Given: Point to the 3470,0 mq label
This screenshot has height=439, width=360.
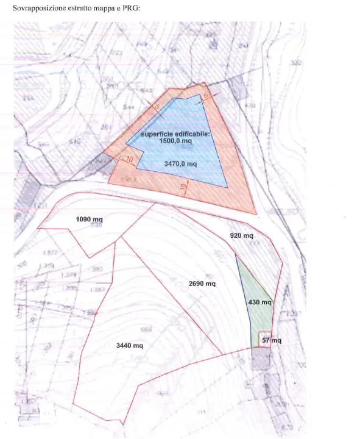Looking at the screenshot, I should tap(181, 164).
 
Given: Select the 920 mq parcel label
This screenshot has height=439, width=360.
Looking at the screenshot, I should tap(241, 235).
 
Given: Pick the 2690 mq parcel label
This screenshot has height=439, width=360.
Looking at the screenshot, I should tap(202, 284).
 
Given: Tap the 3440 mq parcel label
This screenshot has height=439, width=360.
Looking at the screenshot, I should tap(129, 346).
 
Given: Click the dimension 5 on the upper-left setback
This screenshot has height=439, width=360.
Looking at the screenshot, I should tap(157, 107).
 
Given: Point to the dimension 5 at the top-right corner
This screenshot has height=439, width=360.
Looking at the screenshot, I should tap(206, 97).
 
